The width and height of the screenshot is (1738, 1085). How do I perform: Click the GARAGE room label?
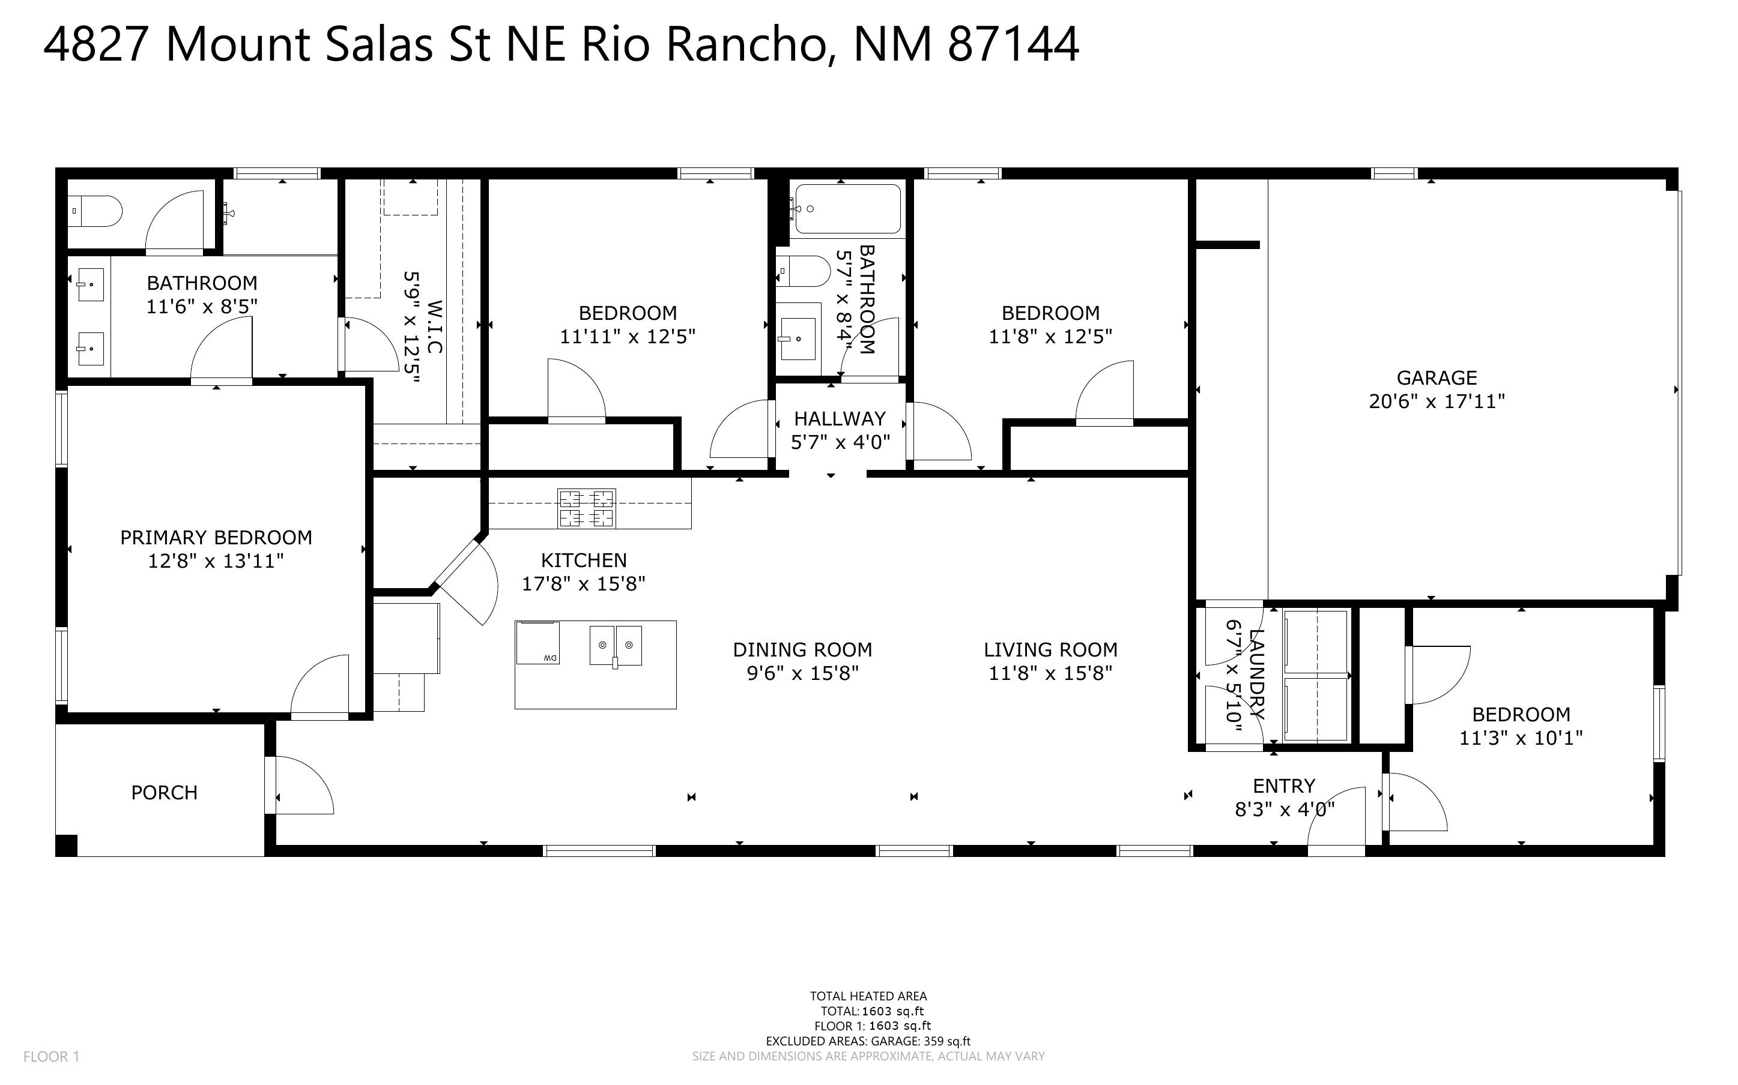[1437, 377]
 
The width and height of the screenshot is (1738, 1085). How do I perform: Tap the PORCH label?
[165, 792]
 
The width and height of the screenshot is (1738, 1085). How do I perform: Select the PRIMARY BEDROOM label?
[216, 538]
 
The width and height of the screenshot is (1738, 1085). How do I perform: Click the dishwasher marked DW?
[537, 643]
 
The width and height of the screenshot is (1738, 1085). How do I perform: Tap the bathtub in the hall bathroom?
[848, 209]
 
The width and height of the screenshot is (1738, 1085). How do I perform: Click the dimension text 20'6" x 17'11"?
[1437, 401]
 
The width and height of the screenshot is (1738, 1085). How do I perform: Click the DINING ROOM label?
[802, 649]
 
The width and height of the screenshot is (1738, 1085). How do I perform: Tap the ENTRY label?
[1283, 786]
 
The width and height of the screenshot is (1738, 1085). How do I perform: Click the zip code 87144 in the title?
[1013, 44]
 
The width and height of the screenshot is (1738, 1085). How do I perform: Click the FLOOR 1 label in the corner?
[52, 1056]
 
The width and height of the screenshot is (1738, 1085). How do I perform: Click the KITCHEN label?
[584, 560]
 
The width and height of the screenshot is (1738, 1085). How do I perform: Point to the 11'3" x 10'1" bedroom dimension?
[1521, 738]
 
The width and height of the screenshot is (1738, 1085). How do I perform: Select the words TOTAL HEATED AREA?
[868, 996]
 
